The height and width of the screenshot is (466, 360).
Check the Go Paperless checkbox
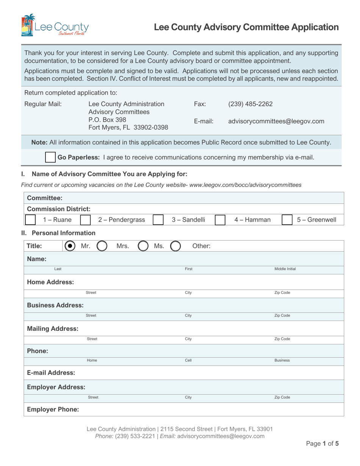[x=50, y=157]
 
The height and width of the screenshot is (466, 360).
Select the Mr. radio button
[x=69, y=246]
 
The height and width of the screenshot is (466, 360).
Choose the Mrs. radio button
[x=103, y=246]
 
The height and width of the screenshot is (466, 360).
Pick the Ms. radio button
[x=143, y=246]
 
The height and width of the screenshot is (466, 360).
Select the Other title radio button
[x=175, y=246]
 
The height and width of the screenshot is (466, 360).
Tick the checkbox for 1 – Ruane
[x=30, y=220]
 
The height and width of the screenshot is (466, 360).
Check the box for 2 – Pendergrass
[x=86, y=220]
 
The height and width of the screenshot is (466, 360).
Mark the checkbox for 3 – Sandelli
[x=158, y=220]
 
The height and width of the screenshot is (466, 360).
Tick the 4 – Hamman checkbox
[x=220, y=220]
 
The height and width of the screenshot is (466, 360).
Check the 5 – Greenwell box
[x=288, y=220]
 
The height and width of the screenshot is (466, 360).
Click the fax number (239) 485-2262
[x=250, y=104]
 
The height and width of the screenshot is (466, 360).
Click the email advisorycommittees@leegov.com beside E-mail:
[x=276, y=121]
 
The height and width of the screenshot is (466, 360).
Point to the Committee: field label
[x=45, y=198]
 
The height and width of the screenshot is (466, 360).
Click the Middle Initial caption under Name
[x=285, y=269]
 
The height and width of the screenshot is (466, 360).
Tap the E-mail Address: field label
[x=51, y=372]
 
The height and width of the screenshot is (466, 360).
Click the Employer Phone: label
[x=53, y=410]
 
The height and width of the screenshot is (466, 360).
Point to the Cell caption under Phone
[x=188, y=361]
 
